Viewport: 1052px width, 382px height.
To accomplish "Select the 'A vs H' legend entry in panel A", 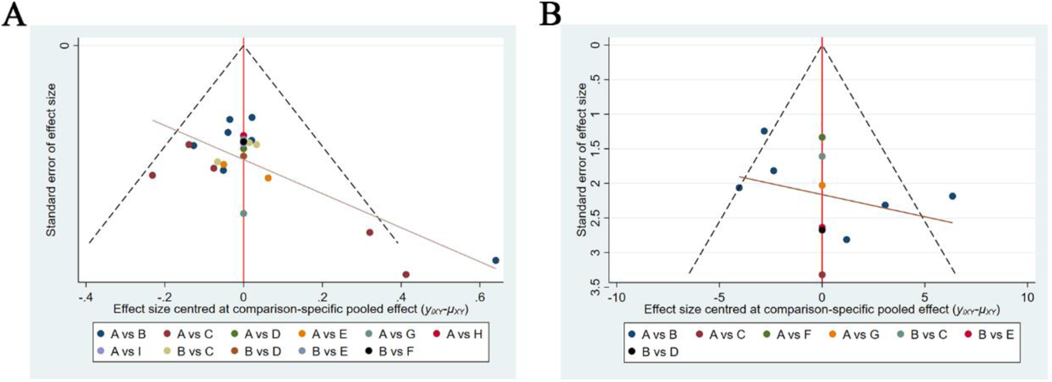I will [x=458, y=334].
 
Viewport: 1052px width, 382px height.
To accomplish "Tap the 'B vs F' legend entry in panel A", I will [x=390, y=351].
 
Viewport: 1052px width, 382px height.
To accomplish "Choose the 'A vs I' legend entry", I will [x=121, y=351].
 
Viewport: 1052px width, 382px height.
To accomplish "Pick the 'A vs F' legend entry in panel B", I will [x=787, y=334].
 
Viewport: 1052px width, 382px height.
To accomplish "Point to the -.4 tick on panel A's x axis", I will [x=85, y=297].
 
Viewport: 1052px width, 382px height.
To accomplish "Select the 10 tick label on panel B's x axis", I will [x=1027, y=298].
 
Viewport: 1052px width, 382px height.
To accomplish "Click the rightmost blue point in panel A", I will [x=496, y=260].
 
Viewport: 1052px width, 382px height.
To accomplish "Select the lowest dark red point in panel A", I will [x=406, y=275].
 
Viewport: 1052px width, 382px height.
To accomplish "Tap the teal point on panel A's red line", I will [x=244, y=213].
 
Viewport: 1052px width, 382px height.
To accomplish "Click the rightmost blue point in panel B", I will [x=952, y=196].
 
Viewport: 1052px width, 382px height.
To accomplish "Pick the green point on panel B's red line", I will [x=822, y=137].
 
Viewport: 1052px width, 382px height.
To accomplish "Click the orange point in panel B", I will [x=822, y=185].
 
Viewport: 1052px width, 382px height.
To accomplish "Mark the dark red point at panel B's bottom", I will [x=822, y=275].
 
